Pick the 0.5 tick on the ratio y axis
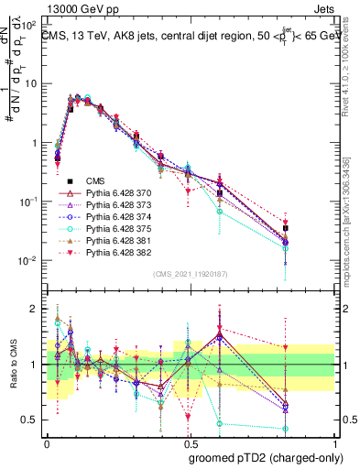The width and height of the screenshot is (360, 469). pyautogui.click(x=33, y=420)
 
